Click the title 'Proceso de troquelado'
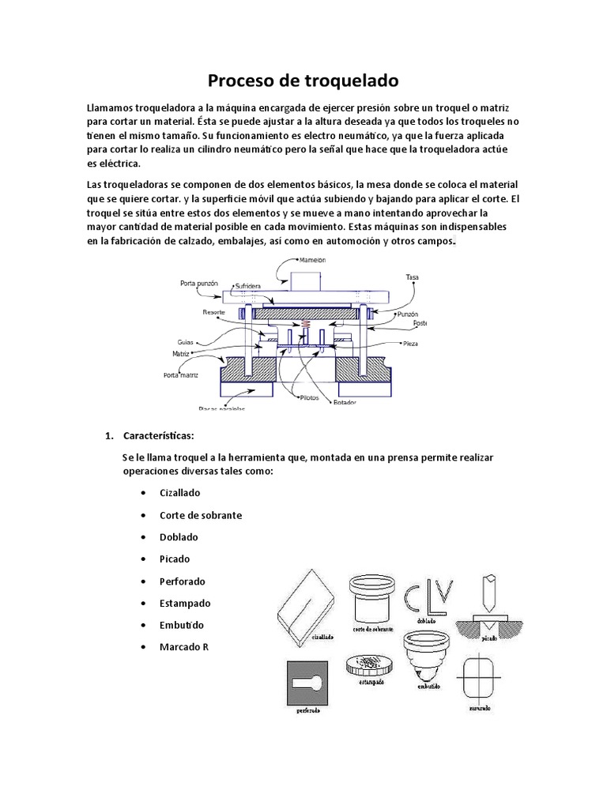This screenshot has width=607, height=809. click(303, 81)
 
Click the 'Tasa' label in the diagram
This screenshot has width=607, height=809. click(411, 277)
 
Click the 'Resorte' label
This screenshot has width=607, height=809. click(213, 312)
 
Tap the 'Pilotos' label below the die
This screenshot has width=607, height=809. click(309, 397)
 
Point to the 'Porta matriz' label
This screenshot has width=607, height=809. click(181, 375)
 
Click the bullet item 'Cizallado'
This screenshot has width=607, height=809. click(179, 492)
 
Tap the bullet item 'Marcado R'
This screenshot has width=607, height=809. click(183, 647)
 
